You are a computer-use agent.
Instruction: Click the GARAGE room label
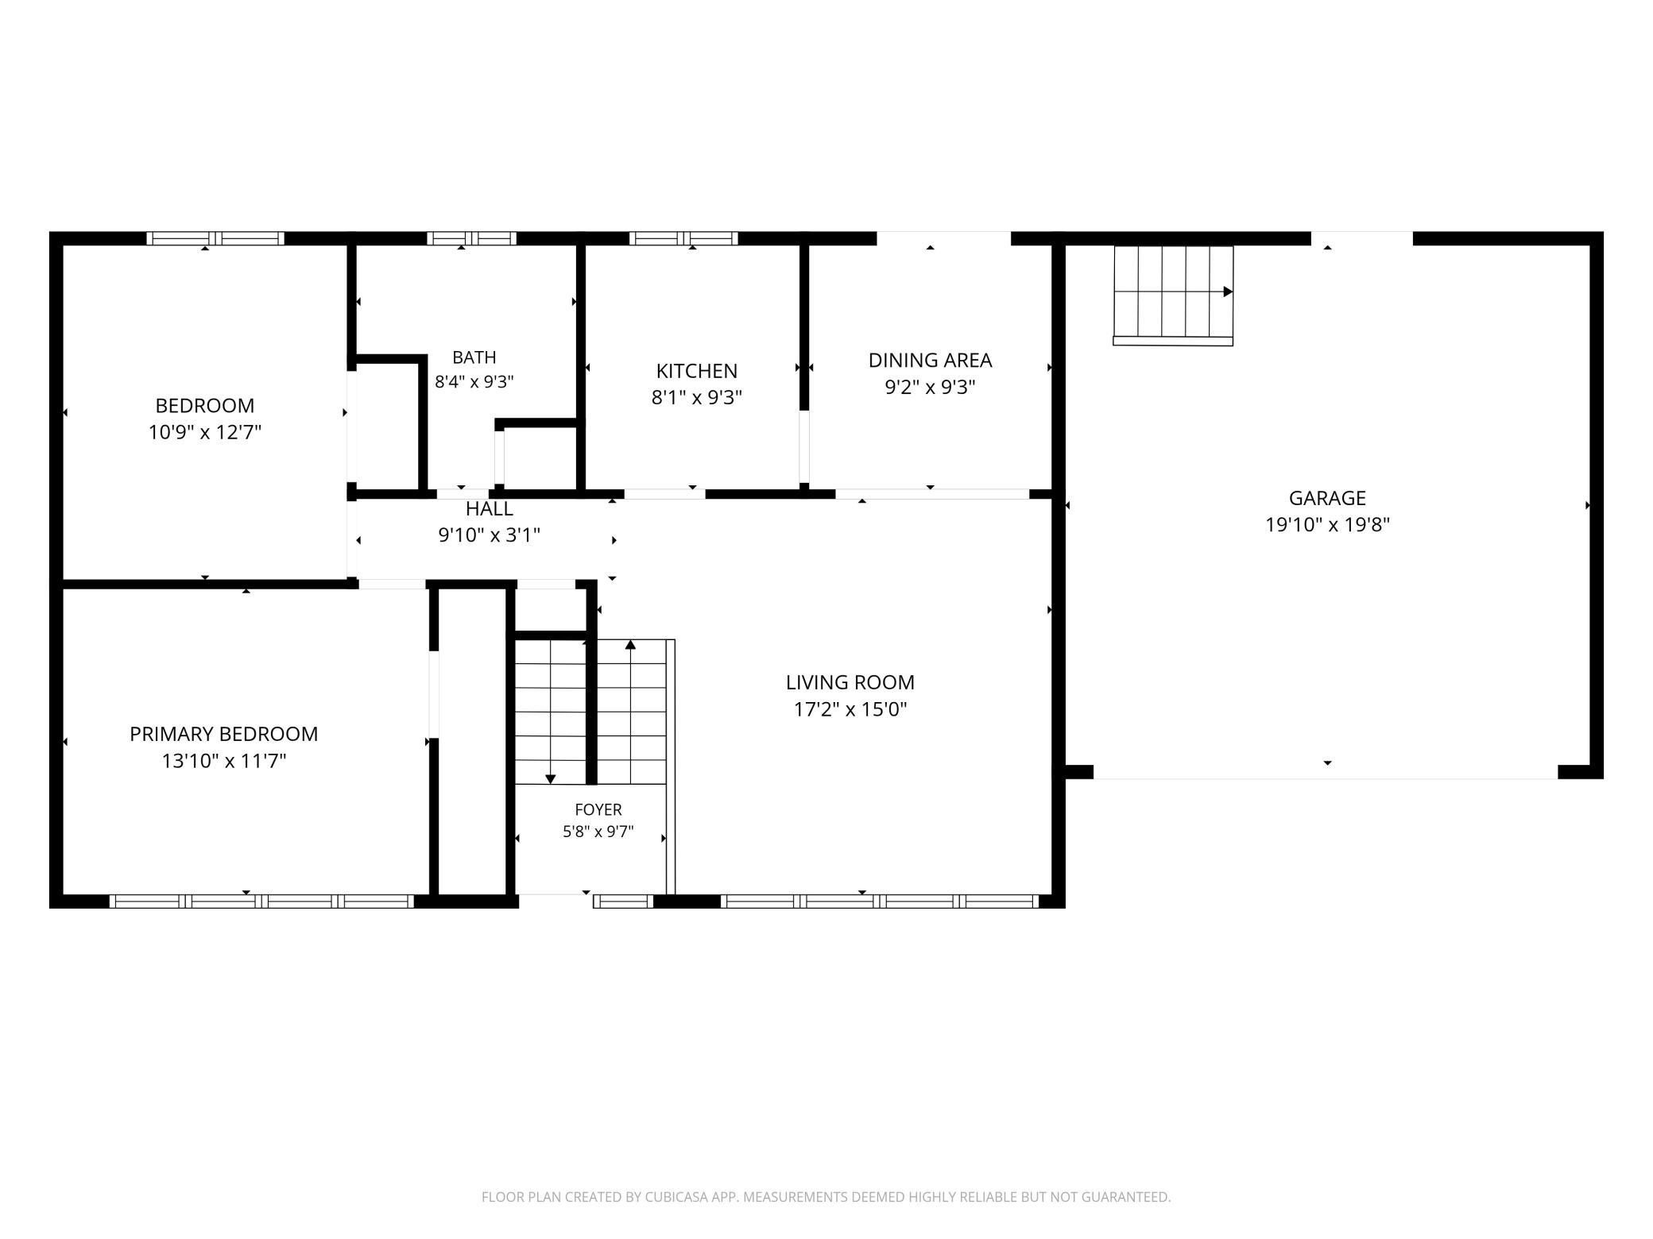pos(1327,498)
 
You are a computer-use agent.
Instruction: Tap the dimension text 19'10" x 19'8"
pos(1327,525)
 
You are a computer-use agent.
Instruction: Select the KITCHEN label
pos(696,371)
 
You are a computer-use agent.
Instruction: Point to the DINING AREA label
pos(930,361)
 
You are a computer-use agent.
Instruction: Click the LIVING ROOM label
pos(850,682)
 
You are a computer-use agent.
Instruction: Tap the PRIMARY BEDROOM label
pos(224,734)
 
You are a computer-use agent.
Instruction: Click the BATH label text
pos(474,357)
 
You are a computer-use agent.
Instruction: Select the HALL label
pos(490,508)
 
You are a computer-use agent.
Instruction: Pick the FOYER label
pos(598,809)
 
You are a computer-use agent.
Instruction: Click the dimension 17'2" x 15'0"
pos(850,709)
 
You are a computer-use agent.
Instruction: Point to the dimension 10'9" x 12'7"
pos(205,433)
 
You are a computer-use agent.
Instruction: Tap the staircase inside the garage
pos(1173,295)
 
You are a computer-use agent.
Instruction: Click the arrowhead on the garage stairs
pos(1228,292)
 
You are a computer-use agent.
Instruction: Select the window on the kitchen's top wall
pos(683,238)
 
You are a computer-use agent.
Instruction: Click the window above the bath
pos(472,238)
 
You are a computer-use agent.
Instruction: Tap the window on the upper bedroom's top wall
pos(215,238)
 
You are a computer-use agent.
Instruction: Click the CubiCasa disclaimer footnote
pos(826,1197)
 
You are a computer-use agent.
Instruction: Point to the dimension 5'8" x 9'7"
pos(598,832)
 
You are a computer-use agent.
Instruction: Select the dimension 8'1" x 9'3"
pos(696,397)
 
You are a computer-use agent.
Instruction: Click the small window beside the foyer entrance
pos(623,901)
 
